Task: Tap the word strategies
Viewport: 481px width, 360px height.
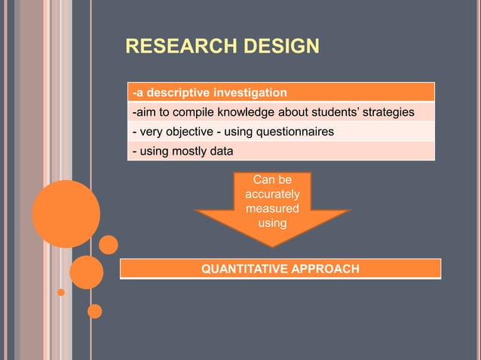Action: pyautogui.click(x=382, y=113)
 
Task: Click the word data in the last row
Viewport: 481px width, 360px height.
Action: pyautogui.click(x=221, y=151)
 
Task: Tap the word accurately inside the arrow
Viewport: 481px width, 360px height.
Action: pyautogui.click(x=272, y=194)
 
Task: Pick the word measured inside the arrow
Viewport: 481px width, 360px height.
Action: pyautogui.click(x=272, y=209)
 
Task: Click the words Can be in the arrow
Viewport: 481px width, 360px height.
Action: pyautogui.click(x=272, y=180)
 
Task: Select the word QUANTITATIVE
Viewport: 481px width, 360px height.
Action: pyautogui.click(x=240, y=269)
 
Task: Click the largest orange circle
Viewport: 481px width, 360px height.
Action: pyautogui.click(x=66, y=214)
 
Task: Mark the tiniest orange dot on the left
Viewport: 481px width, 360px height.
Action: pyautogui.click(x=61, y=291)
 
